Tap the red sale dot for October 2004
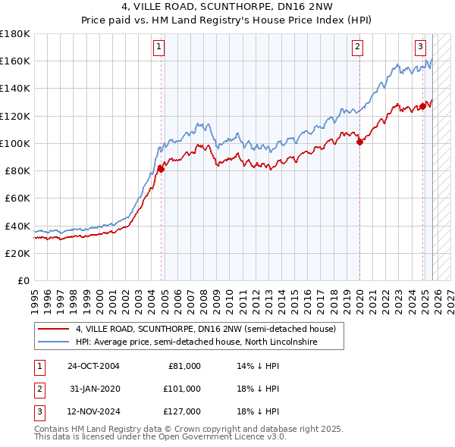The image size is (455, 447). point(161,170)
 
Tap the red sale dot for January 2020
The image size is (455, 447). point(359,142)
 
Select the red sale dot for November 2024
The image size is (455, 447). point(422,107)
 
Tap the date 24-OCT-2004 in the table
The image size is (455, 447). point(93,366)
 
